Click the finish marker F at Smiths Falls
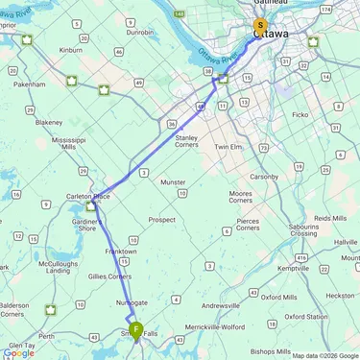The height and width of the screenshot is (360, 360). point(136,330)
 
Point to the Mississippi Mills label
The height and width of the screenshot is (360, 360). point(68,144)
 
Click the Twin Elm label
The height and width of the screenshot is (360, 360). point(231,147)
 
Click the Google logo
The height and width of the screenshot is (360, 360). point(18,352)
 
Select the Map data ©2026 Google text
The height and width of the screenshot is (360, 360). point(324,355)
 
